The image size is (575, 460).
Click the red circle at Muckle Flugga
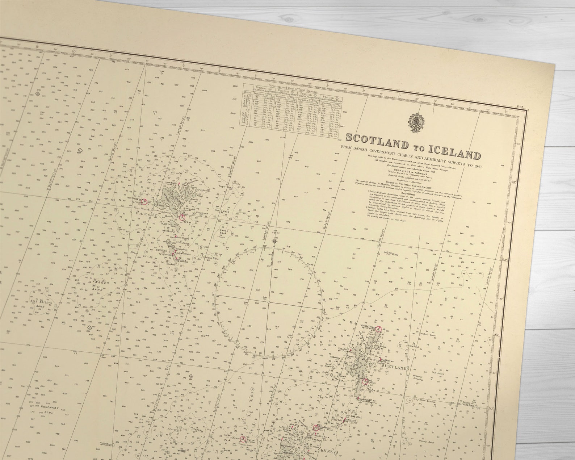coord(379,329)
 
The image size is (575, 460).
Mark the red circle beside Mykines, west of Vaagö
coord(144,202)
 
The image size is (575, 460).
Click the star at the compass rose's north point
coord(276,240)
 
